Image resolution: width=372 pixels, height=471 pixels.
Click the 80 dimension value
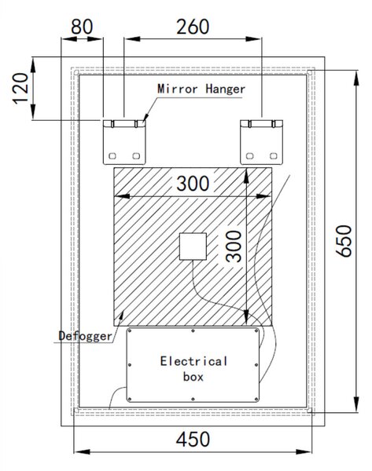coord(82,27)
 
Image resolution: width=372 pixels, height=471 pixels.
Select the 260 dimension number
coord(193,27)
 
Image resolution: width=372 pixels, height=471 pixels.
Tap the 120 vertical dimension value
coord(20,88)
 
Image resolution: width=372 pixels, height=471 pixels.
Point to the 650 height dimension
coord(344,241)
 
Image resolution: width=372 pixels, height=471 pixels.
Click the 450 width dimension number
coord(193,439)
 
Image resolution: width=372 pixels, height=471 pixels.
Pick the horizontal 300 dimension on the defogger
coord(193,184)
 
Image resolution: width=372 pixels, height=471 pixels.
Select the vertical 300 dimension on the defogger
coord(234,246)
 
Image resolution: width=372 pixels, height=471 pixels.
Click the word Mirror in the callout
coord(178,89)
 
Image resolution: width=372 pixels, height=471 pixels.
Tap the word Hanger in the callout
coord(226,89)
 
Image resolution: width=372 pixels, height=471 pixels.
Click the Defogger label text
coord(85,336)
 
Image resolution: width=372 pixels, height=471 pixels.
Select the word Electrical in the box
coord(193,361)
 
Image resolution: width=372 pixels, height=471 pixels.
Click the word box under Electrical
coord(193,377)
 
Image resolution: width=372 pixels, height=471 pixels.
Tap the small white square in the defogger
coord(193,246)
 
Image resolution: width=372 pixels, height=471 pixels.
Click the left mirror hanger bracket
coord(124,142)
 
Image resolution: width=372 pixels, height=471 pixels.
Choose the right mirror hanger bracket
coord(262,142)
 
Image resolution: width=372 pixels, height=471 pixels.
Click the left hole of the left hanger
coord(112,156)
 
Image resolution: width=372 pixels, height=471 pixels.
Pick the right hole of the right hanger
coord(273,156)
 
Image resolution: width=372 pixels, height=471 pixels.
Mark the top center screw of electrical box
coord(193,330)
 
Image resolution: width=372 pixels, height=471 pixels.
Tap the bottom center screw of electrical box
coord(193,400)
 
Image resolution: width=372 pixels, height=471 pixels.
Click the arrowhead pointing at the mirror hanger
coord(145,118)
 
